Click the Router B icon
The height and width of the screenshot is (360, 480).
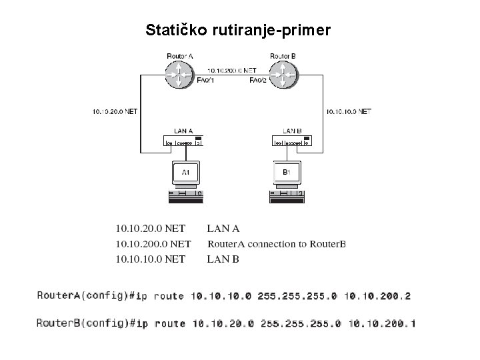point(283,74)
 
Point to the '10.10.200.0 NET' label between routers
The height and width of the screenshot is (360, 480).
point(231,69)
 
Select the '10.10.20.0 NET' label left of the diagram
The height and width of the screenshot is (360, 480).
point(115,111)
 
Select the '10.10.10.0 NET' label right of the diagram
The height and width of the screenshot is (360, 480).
point(347,111)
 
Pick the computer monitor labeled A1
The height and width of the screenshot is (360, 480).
point(186,173)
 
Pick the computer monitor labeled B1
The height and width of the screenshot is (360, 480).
point(287,173)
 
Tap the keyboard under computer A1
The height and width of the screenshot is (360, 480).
point(185,195)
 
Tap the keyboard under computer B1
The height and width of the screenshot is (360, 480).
point(287,195)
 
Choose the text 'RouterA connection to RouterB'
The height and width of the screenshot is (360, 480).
point(277,244)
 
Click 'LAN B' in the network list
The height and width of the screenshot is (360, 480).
point(223,259)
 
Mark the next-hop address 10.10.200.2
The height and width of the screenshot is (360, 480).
point(380,295)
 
